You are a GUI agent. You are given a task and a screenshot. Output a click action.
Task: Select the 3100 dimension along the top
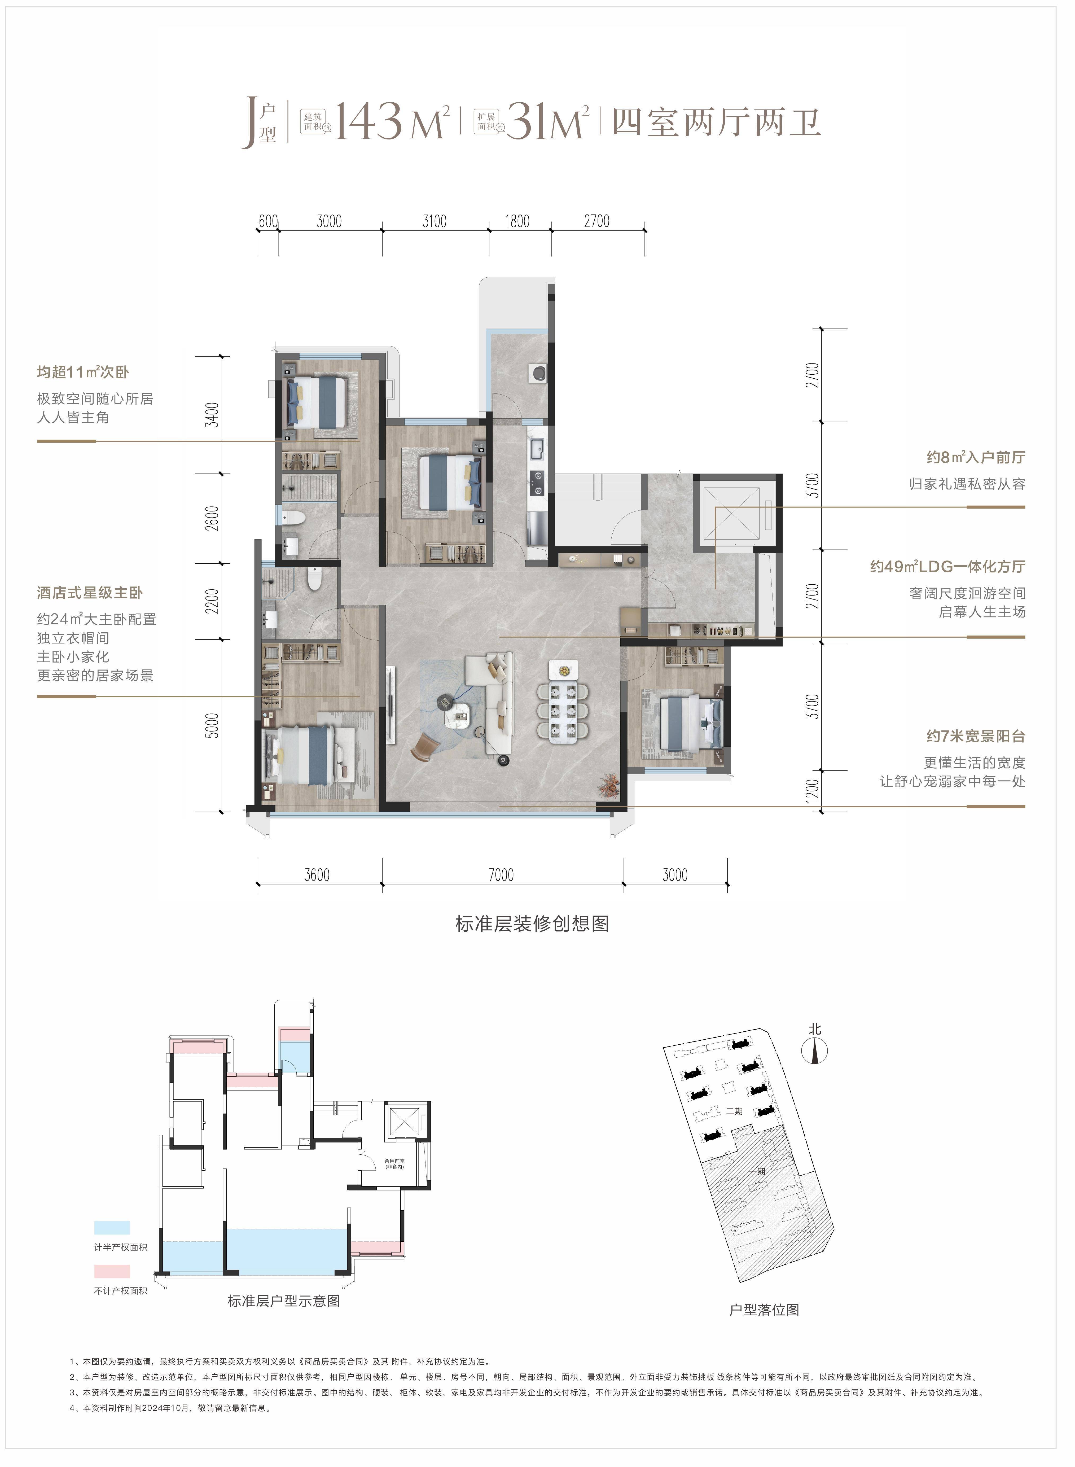click(434, 221)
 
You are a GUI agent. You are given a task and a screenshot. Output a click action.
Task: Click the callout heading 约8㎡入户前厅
click(976, 458)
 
